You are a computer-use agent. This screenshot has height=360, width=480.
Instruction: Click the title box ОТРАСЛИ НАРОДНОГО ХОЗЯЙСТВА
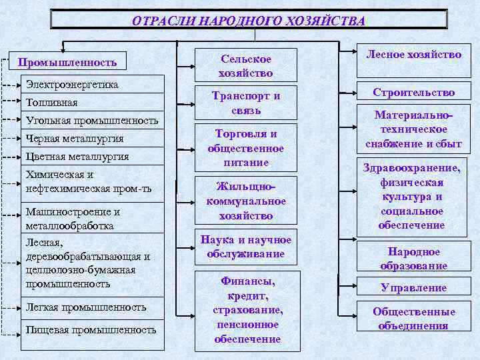[x=249, y=20]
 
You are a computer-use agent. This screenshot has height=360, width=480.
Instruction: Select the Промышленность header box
[x=67, y=63]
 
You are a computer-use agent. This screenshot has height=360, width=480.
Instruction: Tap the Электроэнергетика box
[x=93, y=84]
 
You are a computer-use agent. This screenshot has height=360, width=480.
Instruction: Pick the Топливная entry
[x=93, y=102]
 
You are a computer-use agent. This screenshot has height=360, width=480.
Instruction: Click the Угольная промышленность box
[x=93, y=120]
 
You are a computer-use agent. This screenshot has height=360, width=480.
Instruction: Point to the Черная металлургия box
[x=93, y=138]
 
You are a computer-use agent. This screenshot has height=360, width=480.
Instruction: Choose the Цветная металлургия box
[x=93, y=156]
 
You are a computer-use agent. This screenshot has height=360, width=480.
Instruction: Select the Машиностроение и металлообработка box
[x=93, y=218]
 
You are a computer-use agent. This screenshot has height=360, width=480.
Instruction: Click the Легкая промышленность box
[x=93, y=307]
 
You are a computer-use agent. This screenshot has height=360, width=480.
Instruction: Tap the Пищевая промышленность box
[x=93, y=329]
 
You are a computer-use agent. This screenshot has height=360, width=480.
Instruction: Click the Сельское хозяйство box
[x=246, y=65]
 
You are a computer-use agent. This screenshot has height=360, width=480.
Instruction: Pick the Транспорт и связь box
[x=246, y=103]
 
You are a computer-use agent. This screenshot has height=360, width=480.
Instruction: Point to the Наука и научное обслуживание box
[x=246, y=247]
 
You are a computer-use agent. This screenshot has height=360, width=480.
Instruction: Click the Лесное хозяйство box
[x=413, y=55]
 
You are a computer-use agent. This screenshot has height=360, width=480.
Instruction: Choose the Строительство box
[x=413, y=93]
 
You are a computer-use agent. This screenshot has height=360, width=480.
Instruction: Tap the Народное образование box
[x=413, y=259]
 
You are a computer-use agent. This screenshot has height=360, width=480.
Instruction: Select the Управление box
[x=413, y=288]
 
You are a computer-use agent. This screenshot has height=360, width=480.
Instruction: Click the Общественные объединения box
[x=413, y=319]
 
